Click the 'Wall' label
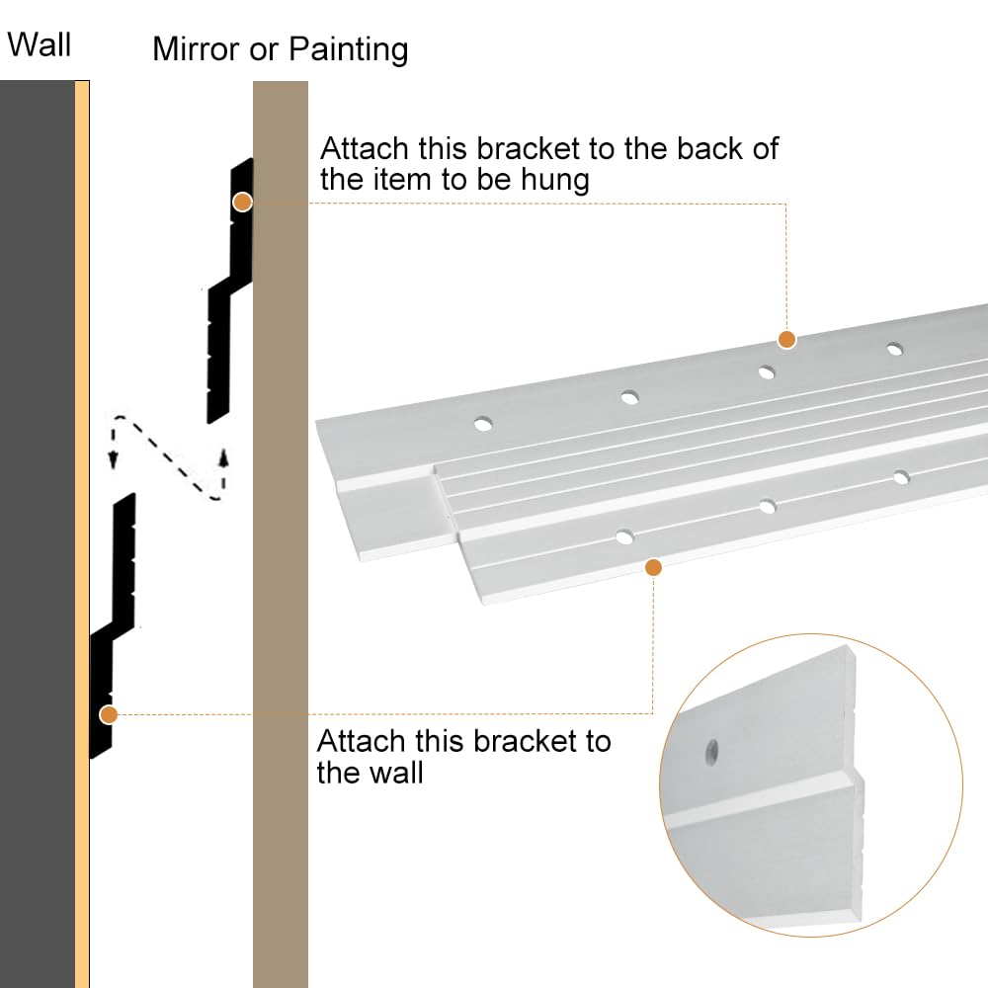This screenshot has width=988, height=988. pos(40,44)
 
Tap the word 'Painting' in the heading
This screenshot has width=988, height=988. pos(349,50)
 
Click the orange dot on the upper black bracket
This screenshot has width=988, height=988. pos(243,202)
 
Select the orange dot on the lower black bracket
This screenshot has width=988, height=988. pos(109,714)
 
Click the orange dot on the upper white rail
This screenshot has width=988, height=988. pos(786,340)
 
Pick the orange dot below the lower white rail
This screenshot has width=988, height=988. pos(653,568)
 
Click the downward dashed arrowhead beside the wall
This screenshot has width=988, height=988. pos(113,459)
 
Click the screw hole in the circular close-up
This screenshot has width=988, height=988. pos(712,752)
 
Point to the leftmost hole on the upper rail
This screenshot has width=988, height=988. pos(483,424)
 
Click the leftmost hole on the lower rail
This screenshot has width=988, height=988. pos(625,536)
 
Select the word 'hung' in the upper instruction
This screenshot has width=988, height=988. pos(554,180)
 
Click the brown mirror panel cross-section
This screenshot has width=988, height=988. pos(281,535)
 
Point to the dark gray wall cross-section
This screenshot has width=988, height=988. pos(38,535)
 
